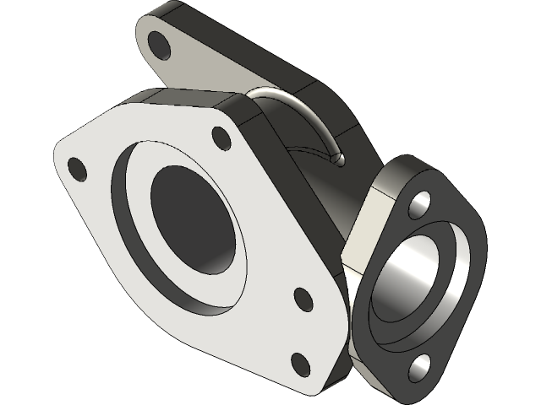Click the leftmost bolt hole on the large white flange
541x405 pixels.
pos(77,168)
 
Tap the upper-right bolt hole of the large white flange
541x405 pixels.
pos(221,138)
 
